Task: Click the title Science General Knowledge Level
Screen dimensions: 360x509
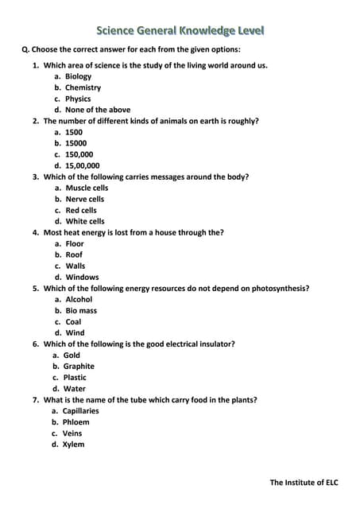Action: [180, 31]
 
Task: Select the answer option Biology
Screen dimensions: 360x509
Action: [79, 76]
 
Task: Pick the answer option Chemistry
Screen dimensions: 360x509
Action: [83, 87]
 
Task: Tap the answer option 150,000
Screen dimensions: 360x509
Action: [79, 154]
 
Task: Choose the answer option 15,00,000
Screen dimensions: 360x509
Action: [83, 165]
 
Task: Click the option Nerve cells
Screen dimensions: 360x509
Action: [85, 199]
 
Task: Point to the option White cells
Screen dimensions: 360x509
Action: [85, 221]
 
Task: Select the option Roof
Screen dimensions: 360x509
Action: [74, 254]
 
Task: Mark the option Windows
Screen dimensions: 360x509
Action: [82, 277]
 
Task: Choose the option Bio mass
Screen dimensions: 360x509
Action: [81, 310]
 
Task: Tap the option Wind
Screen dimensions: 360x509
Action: [75, 332]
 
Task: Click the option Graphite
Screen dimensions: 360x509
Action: [79, 366]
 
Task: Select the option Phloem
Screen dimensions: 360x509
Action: [75, 422]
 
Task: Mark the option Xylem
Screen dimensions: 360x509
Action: [73, 444]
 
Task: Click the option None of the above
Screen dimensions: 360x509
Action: [98, 110]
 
